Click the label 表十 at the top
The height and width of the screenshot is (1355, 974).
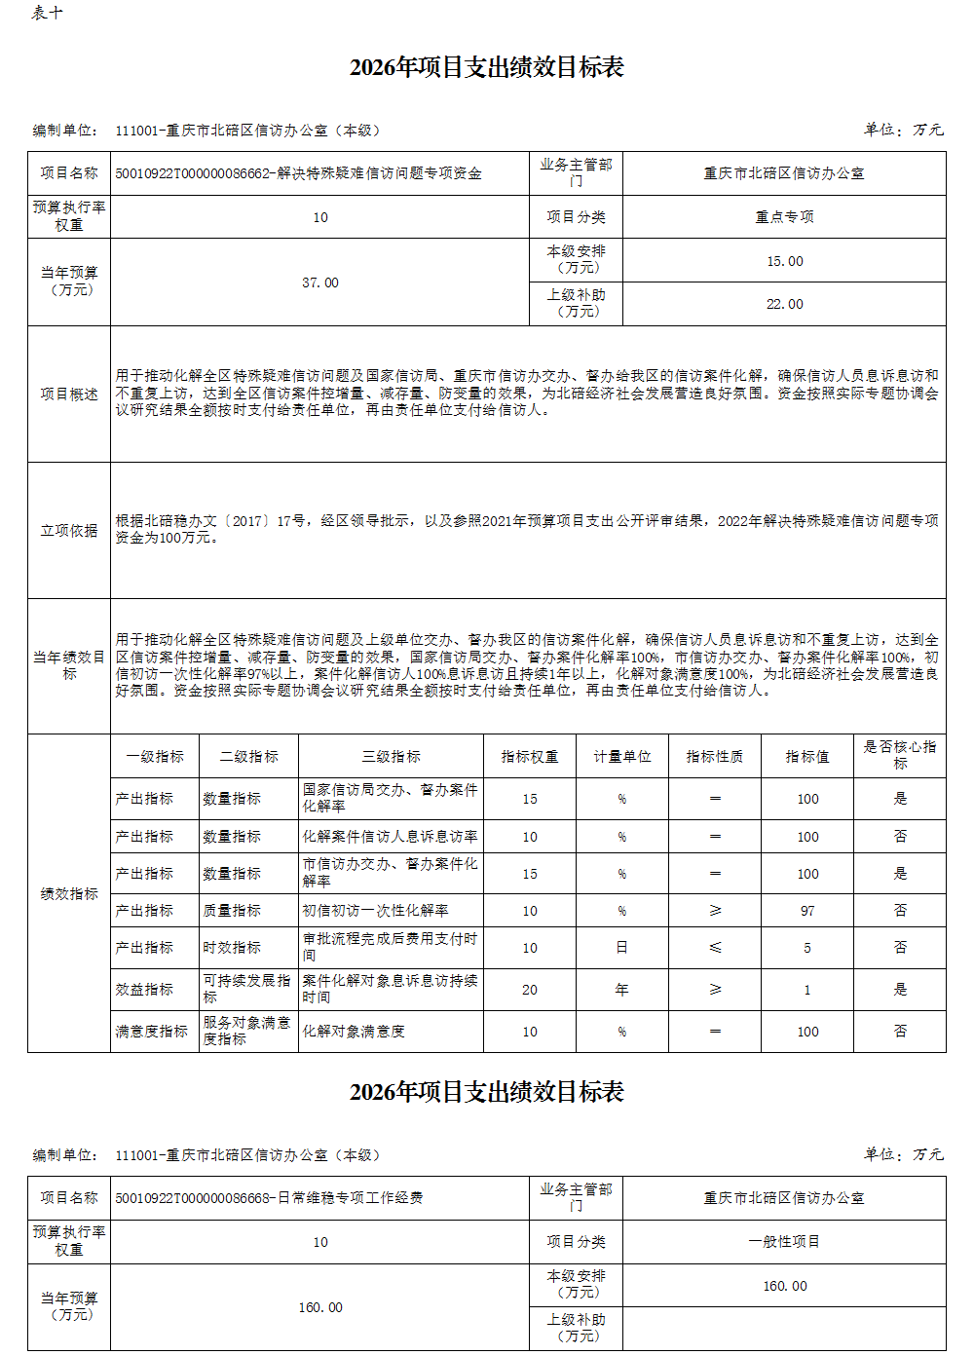[x=46, y=13]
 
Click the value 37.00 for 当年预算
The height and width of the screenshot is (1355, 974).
[x=320, y=282]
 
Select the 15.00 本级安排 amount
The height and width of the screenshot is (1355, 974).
[x=784, y=261]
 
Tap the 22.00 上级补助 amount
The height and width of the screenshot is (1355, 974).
[x=784, y=304]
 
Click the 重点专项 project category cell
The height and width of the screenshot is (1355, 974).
[x=784, y=217]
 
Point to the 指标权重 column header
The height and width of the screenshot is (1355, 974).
[x=530, y=756]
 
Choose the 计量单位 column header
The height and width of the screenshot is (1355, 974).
[x=622, y=756]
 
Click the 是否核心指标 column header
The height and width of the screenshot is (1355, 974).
[x=900, y=755]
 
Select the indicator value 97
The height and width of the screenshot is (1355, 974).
[x=807, y=910]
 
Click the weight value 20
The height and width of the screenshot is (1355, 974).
[x=530, y=990]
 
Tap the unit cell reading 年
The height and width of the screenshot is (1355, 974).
[x=621, y=990]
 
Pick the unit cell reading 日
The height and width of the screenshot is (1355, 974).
[x=621, y=947]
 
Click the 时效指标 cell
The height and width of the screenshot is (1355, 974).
[x=232, y=947]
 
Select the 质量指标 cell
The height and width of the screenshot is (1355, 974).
[x=232, y=910]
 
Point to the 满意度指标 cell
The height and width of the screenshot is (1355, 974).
[x=152, y=1032]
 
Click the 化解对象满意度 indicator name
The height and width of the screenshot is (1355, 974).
[x=354, y=1032]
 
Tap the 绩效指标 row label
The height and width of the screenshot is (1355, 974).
[x=69, y=893]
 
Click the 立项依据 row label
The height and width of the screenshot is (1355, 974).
[x=69, y=530]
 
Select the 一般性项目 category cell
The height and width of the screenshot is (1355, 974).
[x=784, y=1242]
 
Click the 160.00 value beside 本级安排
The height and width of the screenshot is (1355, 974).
[x=784, y=1286]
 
